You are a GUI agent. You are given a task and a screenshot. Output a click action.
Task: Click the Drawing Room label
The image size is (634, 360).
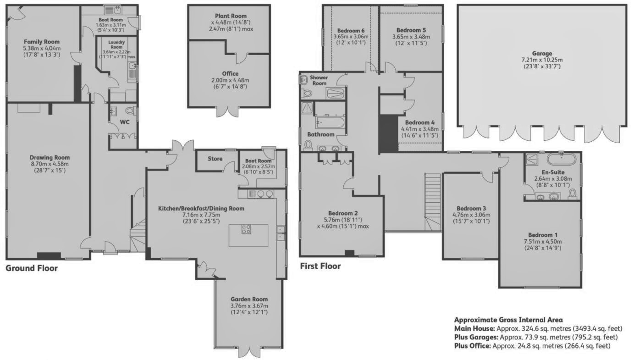tap(50, 157)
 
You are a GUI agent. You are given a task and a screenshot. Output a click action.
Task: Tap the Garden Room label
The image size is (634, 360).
tap(249, 299)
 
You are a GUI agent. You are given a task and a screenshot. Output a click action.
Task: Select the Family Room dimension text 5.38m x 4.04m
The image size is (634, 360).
tap(42, 48)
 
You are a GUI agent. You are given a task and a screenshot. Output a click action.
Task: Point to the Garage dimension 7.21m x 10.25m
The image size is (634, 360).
tap(542, 60)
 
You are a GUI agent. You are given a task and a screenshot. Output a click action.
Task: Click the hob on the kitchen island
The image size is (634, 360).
tap(246, 229)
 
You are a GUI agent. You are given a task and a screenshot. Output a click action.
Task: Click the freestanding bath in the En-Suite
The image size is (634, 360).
tap(561, 159)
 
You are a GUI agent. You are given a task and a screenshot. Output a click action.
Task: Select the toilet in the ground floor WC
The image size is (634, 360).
tap(131, 111)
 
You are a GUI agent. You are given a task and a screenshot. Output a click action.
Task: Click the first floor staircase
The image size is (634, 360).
tap(432, 202)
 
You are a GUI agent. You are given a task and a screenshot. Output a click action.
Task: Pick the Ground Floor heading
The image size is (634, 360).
tap(32, 268)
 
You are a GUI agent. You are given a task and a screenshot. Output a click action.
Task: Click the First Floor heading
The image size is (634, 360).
tap(320, 266)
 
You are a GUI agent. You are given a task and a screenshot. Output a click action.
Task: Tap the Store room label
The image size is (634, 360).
tap(215, 159)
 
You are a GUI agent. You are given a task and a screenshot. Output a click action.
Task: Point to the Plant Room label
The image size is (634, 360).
tap(231, 16)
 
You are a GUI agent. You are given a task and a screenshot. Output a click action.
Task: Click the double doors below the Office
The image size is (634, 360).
tap(228, 112)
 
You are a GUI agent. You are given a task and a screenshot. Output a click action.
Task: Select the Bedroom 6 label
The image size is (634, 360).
tap(351, 31)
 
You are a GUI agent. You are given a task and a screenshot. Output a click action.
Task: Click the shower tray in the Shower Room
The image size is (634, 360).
tap(336, 93)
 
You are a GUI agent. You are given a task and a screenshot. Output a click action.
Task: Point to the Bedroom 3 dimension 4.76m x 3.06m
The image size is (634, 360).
tap(471, 215)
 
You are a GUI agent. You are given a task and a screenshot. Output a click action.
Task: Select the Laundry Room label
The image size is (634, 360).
tap(116, 44)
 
